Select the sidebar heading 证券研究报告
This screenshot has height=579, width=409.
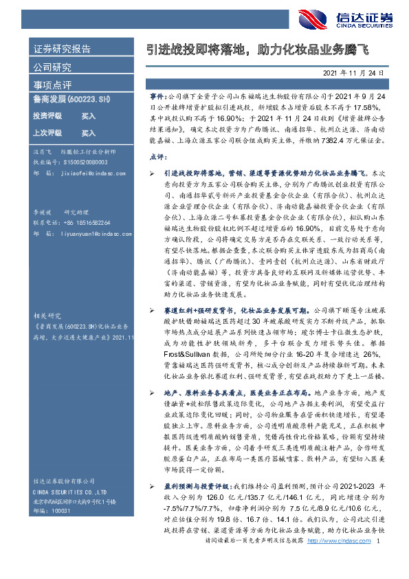click(x=61, y=50)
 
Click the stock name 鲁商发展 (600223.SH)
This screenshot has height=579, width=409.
click(x=71, y=100)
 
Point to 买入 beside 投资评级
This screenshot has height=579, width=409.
click(x=88, y=116)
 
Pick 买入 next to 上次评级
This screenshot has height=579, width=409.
click(x=88, y=133)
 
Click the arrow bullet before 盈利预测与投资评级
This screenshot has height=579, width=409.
click(x=153, y=485)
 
